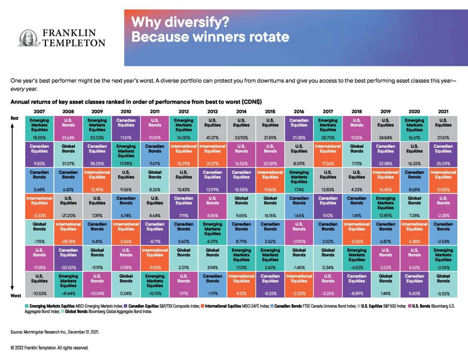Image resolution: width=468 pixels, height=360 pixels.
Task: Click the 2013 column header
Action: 212,111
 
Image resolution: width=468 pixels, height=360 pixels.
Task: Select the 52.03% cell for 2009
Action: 97,128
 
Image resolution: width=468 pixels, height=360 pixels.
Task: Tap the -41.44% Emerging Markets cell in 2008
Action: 68,284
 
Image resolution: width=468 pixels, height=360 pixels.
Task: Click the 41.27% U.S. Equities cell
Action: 212,128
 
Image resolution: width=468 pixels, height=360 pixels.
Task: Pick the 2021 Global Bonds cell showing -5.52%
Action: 443,284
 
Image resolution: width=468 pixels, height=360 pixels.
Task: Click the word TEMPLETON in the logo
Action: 74,43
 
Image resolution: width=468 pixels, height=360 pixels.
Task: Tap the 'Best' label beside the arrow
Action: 14,118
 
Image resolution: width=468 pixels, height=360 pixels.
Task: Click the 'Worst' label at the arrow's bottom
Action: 16,296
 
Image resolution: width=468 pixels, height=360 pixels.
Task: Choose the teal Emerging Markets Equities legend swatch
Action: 27,306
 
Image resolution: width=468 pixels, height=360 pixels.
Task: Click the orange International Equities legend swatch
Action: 203,306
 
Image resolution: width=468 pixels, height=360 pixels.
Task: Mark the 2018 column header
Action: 357,111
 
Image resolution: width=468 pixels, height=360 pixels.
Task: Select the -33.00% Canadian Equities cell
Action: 68,258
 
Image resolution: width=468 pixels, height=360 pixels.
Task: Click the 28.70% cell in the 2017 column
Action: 328,128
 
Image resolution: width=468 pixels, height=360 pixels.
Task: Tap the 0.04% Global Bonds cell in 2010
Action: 126,284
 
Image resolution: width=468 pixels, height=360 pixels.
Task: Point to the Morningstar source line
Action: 55,332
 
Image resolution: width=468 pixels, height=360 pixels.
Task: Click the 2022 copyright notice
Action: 49,348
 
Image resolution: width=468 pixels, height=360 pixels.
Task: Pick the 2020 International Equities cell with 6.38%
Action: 414,232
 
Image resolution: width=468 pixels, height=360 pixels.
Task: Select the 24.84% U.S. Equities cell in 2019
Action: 386,128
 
